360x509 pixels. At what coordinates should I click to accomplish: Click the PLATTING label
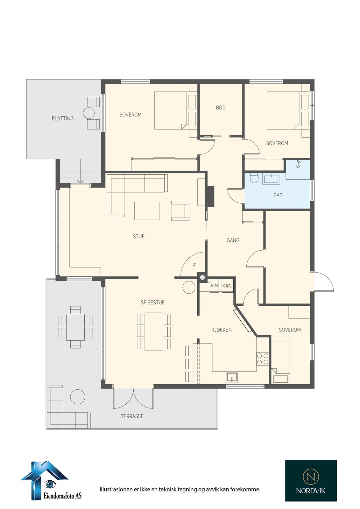(x=62, y=118)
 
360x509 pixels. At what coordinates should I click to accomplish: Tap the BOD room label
(x=221, y=108)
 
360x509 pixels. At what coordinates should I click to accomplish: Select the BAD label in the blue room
(x=278, y=195)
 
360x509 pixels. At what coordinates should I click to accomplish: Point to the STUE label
(x=139, y=236)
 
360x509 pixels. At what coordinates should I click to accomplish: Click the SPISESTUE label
(x=152, y=302)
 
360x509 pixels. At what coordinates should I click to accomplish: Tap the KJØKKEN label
(x=222, y=330)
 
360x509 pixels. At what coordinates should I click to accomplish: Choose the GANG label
(x=233, y=240)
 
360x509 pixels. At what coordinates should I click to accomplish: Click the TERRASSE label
(x=132, y=416)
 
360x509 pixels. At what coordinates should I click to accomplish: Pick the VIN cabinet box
(x=214, y=286)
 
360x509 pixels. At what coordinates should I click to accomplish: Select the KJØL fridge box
(x=227, y=286)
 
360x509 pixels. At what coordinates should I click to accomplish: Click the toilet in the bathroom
(x=254, y=178)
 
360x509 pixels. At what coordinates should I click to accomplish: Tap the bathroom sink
(x=271, y=178)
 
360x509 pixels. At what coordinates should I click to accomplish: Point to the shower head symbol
(x=298, y=164)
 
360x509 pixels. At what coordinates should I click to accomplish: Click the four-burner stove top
(x=263, y=359)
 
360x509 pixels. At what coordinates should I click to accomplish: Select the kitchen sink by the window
(x=232, y=377)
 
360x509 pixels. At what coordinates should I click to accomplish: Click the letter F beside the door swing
(x=194, y=265)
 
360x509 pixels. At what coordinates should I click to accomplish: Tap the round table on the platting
(x=89, y=113)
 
